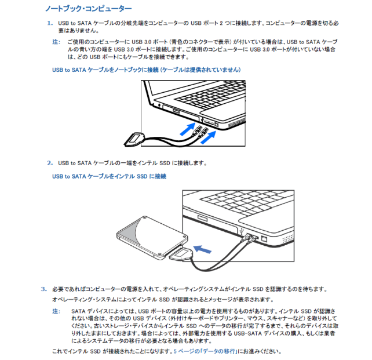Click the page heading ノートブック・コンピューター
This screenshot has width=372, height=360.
click(x=89, y=9)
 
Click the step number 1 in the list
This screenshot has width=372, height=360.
click(x=49, y=23)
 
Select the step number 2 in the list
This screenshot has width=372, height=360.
click(x=49, y=163)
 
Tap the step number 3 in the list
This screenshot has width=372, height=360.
click(x=43, y=289)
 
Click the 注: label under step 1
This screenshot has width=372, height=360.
click(x=56, y=42)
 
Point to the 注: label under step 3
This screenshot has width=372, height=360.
click(x=56, y=311)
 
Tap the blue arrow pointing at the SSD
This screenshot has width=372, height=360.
click(x=202, y=249)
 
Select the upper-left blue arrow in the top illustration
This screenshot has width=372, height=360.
click(x=186, y=128)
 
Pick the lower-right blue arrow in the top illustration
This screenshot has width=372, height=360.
click(x=209, y=137)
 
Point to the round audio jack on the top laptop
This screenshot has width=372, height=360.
click(x=159, y=106)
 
